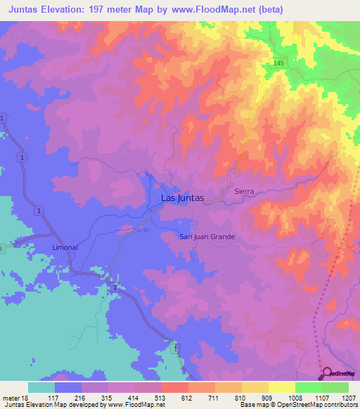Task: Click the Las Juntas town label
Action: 182,198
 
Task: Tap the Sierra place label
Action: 243,191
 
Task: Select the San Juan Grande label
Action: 207,237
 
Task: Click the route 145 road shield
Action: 279,64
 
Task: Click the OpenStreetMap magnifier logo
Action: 326,374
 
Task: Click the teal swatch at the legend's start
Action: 41,387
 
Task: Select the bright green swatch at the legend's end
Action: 335,387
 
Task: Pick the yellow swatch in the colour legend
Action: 282,387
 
